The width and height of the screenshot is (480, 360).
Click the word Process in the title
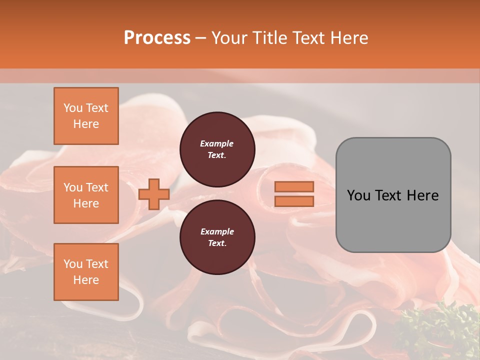[x=157, y=38]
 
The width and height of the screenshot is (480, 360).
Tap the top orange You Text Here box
[x=86, y=116]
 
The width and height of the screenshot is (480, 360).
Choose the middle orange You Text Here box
[x=86, y=195]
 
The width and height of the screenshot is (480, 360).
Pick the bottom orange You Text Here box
[x=86, y=271]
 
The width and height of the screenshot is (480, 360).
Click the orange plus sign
[x=154, y=194]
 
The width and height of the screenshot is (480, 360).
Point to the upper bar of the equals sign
[x=294, y=186]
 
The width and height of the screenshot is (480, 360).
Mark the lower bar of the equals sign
[x=294, y=201]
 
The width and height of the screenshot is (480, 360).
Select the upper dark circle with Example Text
[x=217, y=149]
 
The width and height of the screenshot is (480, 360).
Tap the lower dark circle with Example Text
[x=217, y=237]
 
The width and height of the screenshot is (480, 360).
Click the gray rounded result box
[x=393, y=195]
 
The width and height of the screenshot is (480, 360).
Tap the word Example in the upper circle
[x=217, y=143]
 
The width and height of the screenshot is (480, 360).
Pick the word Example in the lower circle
[x=217, y=231]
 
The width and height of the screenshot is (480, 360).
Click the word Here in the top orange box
[x=86, y=124]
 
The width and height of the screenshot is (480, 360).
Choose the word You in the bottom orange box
[x=72, y=264]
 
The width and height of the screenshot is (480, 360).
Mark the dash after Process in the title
[x=200, y=38]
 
